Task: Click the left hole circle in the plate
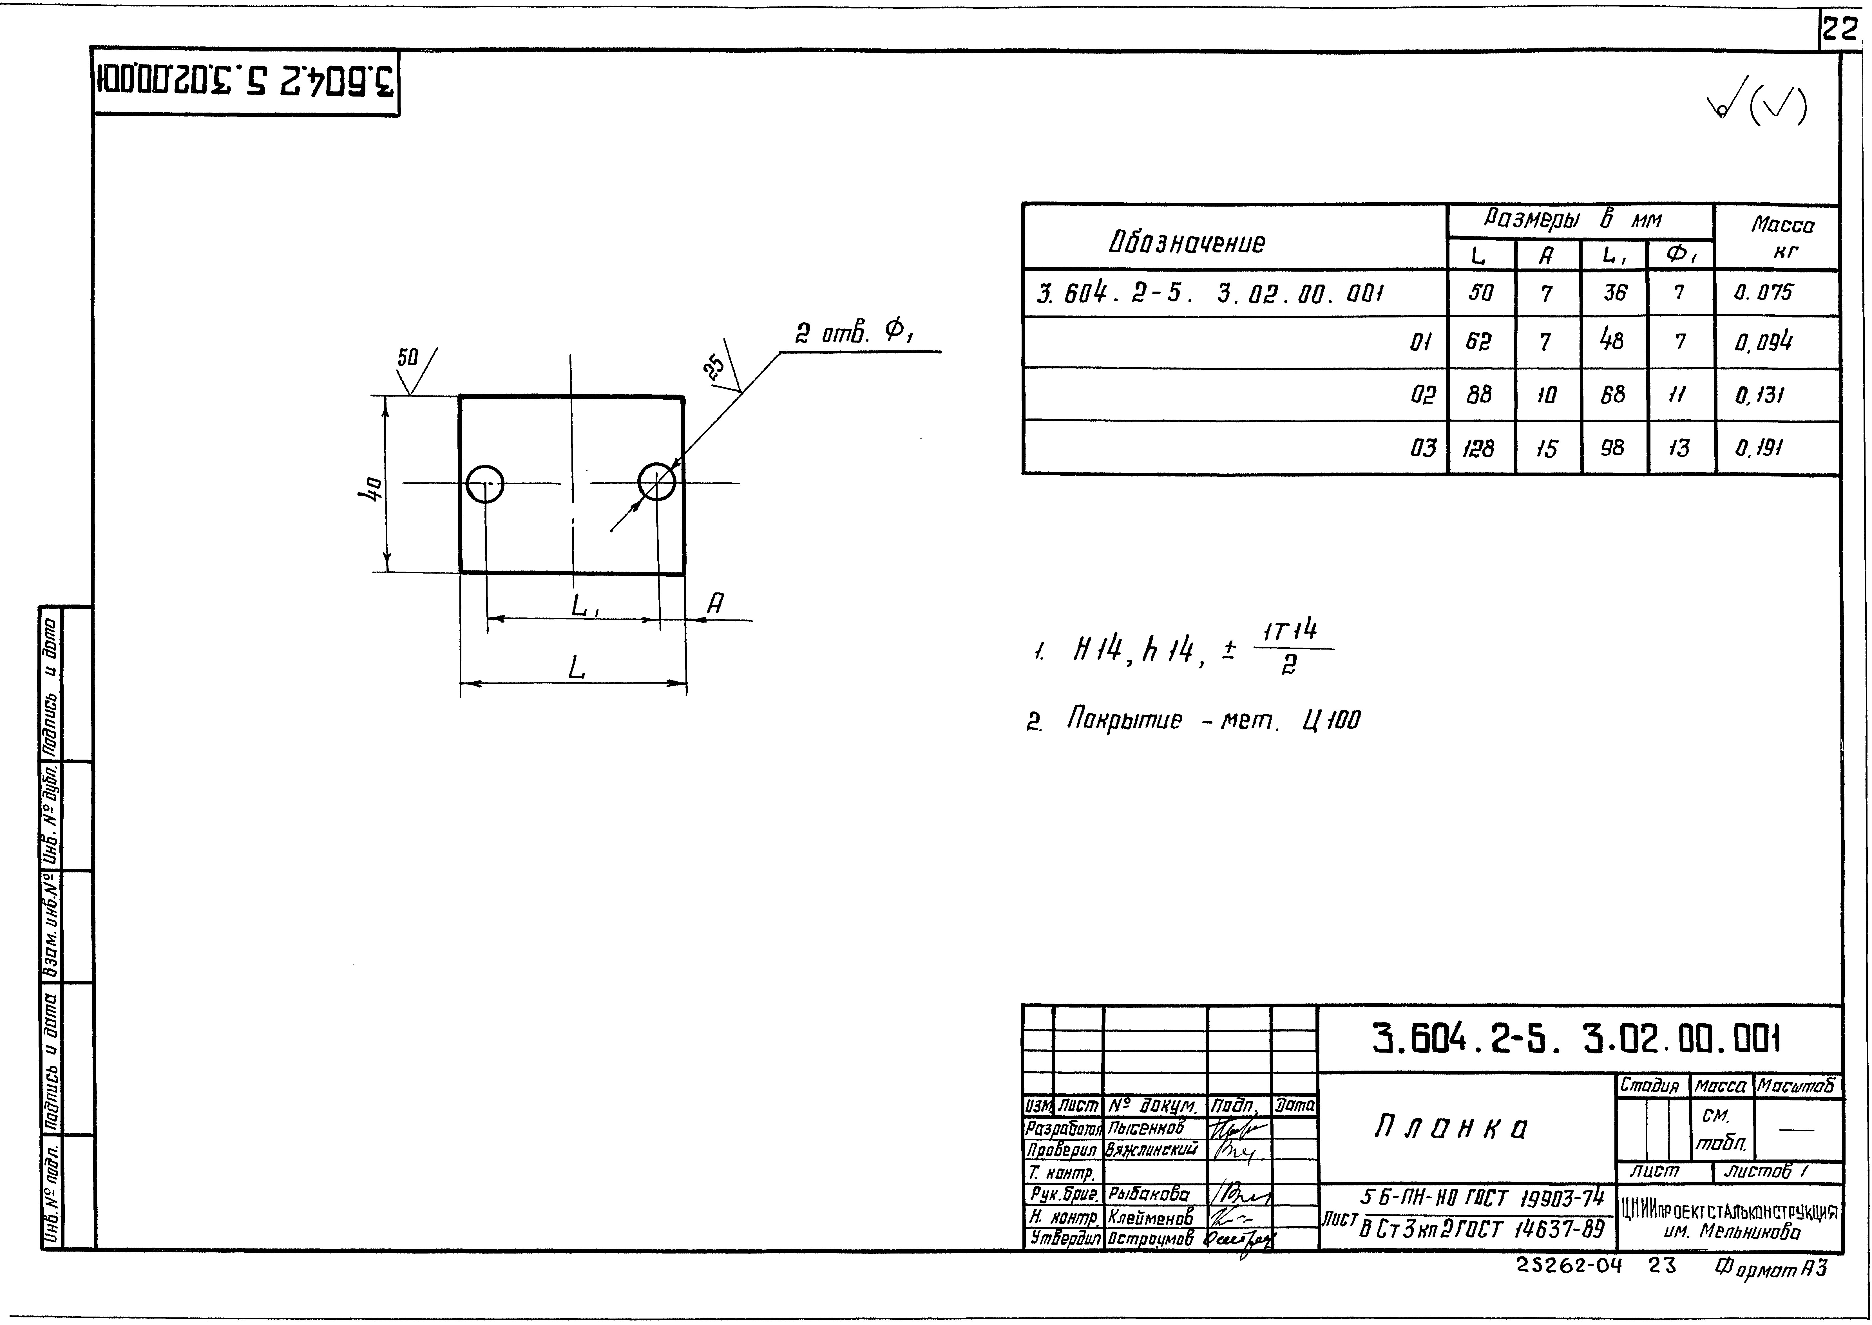click(x=485, y=485)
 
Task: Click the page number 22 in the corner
click(x=1839, y=30)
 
